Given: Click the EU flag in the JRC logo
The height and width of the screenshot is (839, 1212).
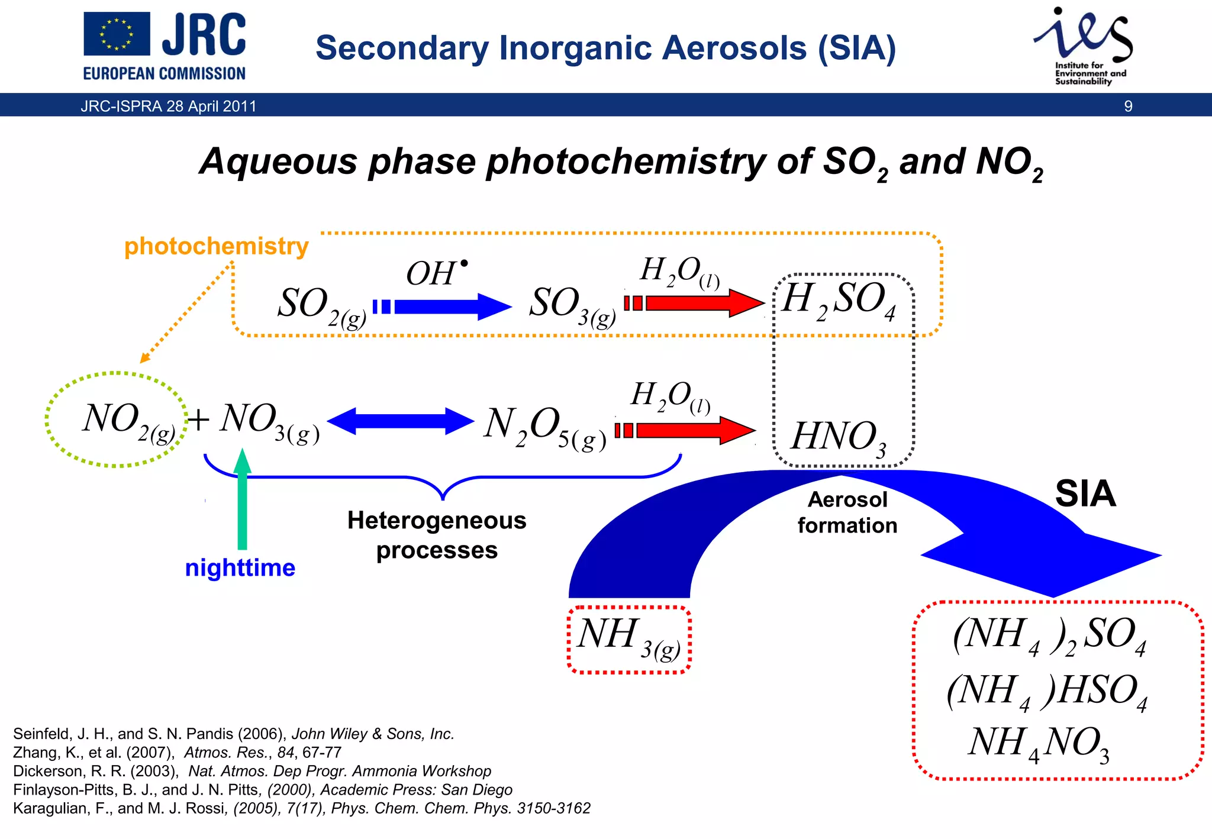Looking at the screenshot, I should coord(117,34).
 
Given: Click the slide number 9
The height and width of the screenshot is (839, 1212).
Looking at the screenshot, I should coord(1128,107).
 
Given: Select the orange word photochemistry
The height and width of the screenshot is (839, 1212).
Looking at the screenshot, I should coord(216,246).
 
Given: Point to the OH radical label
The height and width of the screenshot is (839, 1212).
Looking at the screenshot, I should coord(436,273).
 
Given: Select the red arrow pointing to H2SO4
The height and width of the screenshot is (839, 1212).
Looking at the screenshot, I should coord(695,303).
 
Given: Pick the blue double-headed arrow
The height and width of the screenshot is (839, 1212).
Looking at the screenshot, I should coord(401,421).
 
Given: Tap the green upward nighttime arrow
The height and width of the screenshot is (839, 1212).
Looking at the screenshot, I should coord(242,500).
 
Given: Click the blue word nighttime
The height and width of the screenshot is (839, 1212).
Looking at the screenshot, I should coord(240,568).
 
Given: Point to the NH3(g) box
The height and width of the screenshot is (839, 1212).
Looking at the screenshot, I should coord(628,639).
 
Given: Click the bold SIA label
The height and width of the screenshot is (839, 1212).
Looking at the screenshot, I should coord(1085,494).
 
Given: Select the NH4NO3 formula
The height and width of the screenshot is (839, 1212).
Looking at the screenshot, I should coord(1039,744).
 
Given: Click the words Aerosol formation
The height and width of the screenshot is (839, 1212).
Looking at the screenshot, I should coord(847,512).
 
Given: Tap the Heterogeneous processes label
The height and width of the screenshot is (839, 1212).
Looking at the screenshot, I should coord(437,535).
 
